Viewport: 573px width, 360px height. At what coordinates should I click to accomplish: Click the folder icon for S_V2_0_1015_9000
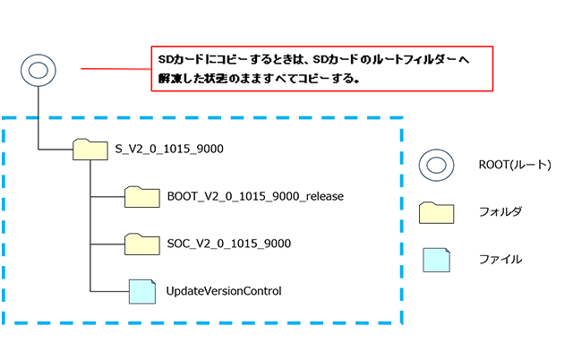coord(89,149)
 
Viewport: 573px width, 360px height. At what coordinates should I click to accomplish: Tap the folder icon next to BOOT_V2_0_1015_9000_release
coord(141,196)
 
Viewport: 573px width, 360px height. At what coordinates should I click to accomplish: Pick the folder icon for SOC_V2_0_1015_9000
coord(141,244)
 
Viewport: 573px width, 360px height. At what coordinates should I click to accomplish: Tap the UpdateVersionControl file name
coord(224,290)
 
